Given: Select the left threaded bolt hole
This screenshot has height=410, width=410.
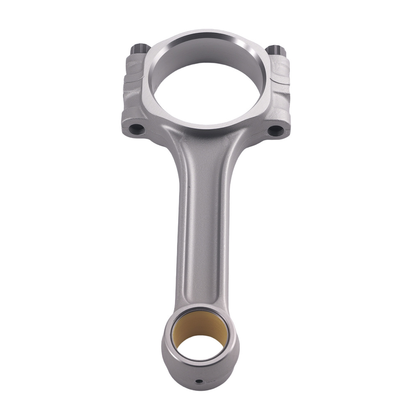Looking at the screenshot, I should click(137, 130).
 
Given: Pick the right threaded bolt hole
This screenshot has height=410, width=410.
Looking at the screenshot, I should click(275, 130).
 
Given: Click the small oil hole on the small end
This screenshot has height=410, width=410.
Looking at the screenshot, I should click(199, 381).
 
